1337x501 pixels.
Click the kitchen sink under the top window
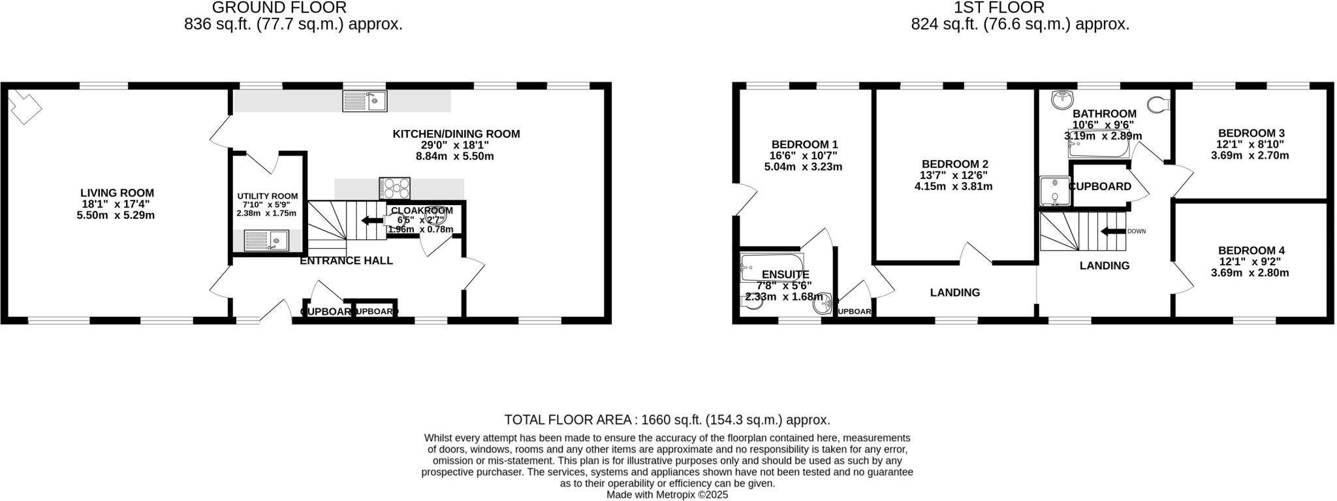click(x=365, y=101)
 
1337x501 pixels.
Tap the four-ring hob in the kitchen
click(x=395, y=188)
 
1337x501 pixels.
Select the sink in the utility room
click(x=266, y=240)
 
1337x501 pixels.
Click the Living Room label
click(x=117, y=193)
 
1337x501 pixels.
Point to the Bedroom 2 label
click(x=954, y=164)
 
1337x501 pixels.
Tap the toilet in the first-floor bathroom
click(x=1157, y=104)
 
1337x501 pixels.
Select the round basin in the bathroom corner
click(x=1063, y=100)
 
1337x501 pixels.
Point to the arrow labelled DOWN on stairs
click(x=1114, y=231)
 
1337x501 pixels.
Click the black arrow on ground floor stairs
click(x=373, y=220)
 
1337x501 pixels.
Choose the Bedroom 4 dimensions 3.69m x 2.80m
click(x=1250, y=272)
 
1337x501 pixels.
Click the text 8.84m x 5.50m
click(x=455, y=156)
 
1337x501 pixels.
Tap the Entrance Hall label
click(x=346, y=261)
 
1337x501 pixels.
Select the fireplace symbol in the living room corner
click(x=25, y=106)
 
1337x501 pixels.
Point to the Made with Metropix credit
click(x=667, y=494)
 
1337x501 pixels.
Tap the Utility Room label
click(x=267, y=196)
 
